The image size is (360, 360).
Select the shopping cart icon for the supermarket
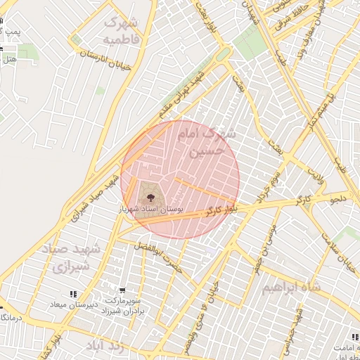[x=123, y=290]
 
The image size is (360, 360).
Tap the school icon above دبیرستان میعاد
[x=74, y=294]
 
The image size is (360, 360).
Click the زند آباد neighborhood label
[x=105, y=346]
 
